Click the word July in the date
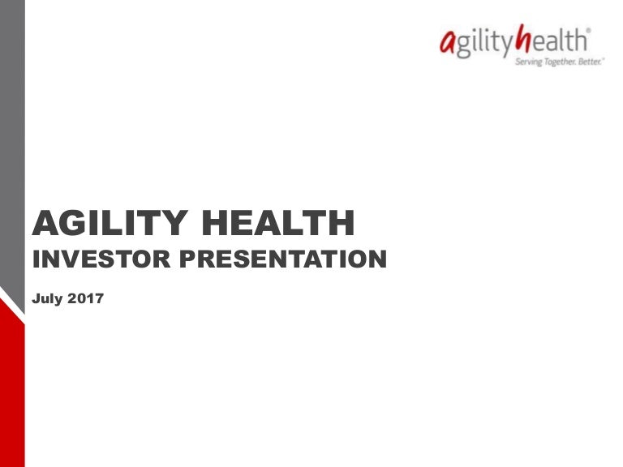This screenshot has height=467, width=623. point(47,299)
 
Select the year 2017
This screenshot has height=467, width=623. point(85,299)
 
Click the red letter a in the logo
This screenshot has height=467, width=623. point(446,42)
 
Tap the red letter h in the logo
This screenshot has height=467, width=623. point(525,41)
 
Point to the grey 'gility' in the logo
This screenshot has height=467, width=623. point(483,43)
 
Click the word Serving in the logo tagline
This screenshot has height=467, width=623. point(528,62)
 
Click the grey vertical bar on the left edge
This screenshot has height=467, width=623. point(12,146)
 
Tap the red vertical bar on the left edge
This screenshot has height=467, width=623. point(12,389)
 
